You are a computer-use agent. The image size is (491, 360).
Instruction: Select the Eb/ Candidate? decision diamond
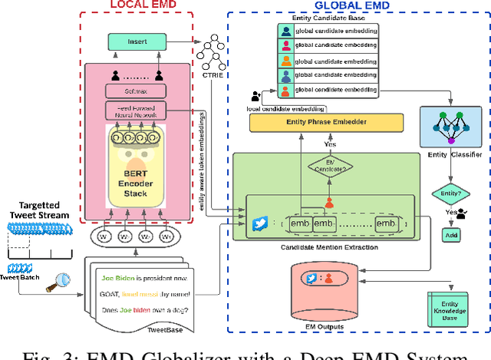tap(330, 168)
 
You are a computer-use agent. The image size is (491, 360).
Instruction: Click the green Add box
tap(450, 235)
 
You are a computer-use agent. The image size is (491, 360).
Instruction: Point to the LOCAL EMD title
tap(139, 6)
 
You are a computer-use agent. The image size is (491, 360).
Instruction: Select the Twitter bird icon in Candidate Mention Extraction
tap(259, 223)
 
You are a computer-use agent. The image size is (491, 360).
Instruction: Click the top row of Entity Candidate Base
tap(328, 31)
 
